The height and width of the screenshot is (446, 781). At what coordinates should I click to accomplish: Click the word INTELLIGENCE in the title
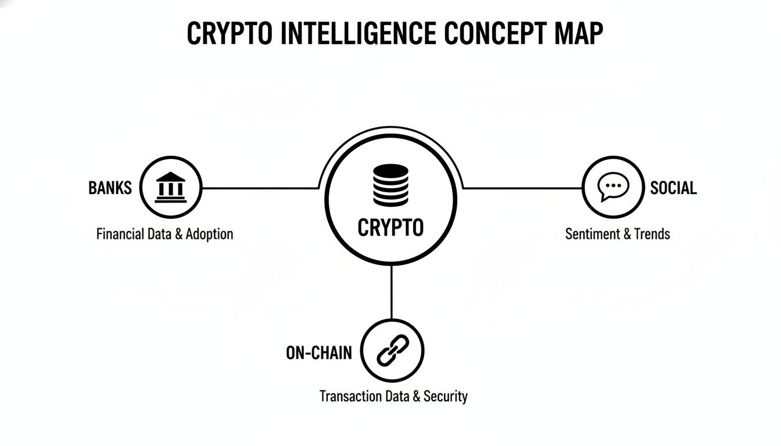pos(357,35)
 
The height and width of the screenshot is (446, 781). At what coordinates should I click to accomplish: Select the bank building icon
pos(171,188)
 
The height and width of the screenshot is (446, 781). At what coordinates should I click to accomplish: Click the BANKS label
pos(110,188)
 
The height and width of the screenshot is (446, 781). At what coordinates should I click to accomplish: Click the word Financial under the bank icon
pos(120,234)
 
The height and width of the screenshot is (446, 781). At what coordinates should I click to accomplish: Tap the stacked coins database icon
pos(391,184)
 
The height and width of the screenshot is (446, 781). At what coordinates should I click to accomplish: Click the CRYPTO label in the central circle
pos(391,228)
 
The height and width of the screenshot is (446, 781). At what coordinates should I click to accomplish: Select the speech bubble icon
pos(613,188)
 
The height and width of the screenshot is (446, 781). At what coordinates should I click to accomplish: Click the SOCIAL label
pos(673,188)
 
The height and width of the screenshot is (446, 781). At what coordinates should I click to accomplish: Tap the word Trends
pos(652,234)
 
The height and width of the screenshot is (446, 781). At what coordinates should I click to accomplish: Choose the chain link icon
pos(393,350)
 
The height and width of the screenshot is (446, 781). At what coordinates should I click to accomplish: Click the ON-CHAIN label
pos(319,353)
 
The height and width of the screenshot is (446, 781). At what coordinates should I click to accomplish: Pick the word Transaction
pos(351,397)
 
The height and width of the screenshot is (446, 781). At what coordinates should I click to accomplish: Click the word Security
pos(446,397)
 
